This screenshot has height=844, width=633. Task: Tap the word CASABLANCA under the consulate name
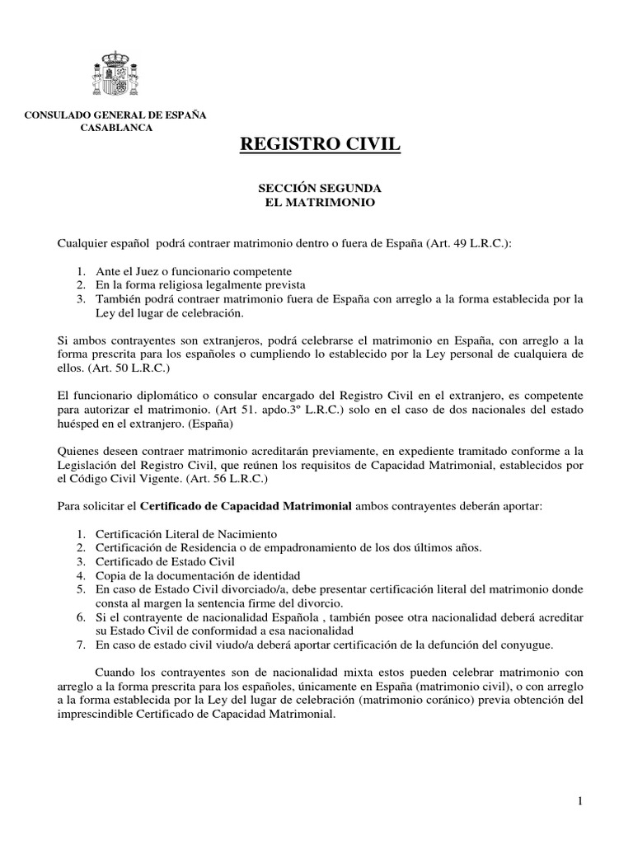click(x=115, y=128)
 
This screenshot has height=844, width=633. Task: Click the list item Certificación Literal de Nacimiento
click(x=186, y=532)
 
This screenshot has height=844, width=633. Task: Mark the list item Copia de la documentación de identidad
click(x=198, y=574)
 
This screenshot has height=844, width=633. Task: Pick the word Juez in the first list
click(x=149, y=271)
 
